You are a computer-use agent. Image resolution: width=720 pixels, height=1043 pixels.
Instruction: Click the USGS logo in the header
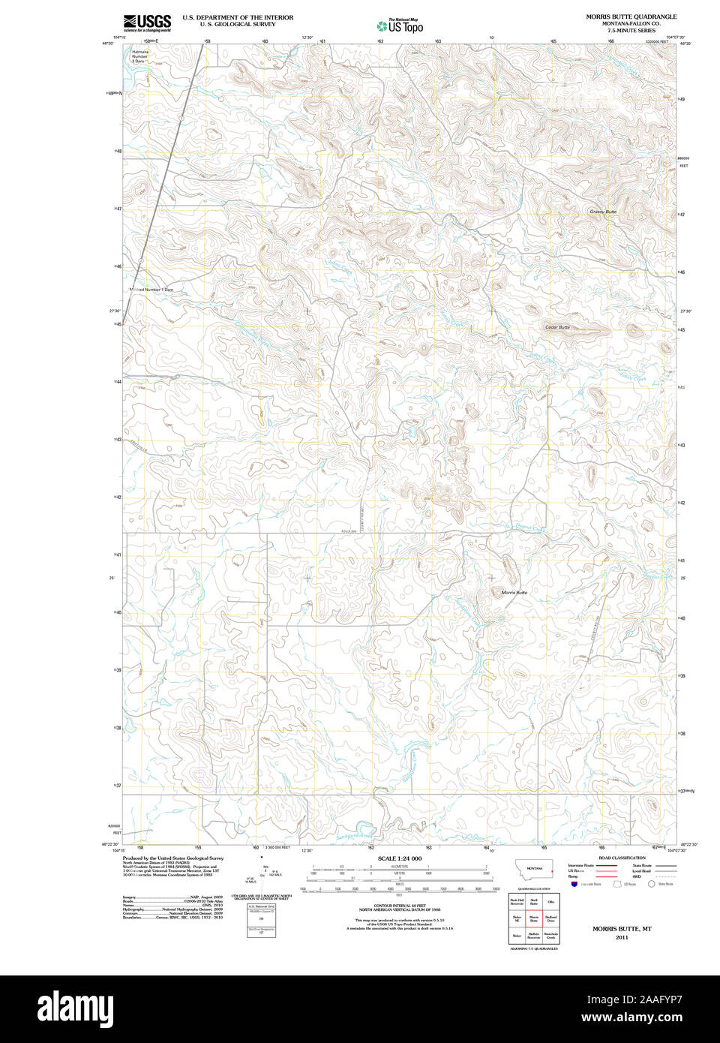147,22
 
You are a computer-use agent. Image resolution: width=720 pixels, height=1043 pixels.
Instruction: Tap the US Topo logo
400,26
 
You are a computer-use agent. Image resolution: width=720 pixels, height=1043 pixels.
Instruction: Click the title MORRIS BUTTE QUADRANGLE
631,17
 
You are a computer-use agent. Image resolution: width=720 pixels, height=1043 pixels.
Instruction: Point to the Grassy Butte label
603,212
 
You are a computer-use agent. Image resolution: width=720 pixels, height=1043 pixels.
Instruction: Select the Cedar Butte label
557,327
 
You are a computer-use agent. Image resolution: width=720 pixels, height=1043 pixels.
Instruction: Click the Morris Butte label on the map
514,593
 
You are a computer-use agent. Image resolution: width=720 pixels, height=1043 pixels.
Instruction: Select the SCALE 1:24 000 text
399,858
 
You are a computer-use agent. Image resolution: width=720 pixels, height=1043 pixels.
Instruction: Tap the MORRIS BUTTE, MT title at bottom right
622,928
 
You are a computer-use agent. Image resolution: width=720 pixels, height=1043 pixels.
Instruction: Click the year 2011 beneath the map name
622,937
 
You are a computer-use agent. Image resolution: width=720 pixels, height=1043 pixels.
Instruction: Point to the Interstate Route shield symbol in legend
574,885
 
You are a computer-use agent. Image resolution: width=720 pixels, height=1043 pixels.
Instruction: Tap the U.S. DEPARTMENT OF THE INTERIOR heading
227,17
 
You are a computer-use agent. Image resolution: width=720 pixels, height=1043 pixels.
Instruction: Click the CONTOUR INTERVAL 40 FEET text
399,906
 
